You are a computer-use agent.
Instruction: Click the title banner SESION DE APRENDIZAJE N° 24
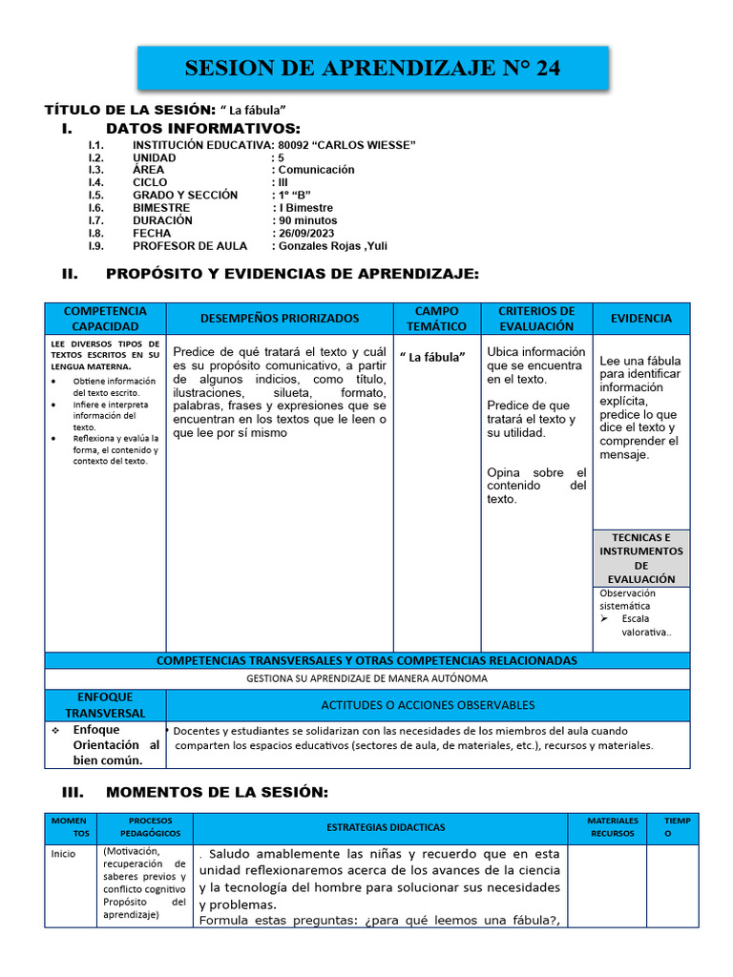(372, 69)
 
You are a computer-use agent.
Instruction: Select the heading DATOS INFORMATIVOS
(202, 129)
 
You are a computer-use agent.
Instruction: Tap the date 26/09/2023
(306, 233)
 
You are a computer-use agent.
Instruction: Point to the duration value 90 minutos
(307, 220)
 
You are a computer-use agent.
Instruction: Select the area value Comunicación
(316, 170)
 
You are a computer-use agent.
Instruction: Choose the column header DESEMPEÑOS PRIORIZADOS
(280, 319)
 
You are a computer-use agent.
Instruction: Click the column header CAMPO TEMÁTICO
(437, 319)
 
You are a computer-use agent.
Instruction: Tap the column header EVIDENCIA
(640, 319)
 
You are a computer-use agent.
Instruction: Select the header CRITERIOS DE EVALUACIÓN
(536, 319)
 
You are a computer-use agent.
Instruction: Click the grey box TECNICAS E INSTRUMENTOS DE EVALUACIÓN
(640, 558)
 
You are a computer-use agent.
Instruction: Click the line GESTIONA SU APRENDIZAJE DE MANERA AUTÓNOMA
(366, 678)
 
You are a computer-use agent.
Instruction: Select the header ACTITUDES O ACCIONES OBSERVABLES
(427, 705)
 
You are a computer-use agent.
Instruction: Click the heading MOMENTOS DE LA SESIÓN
(216, 792)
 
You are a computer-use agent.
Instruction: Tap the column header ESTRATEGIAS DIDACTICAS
(386, 827)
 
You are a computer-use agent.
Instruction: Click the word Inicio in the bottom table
(63, 854)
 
